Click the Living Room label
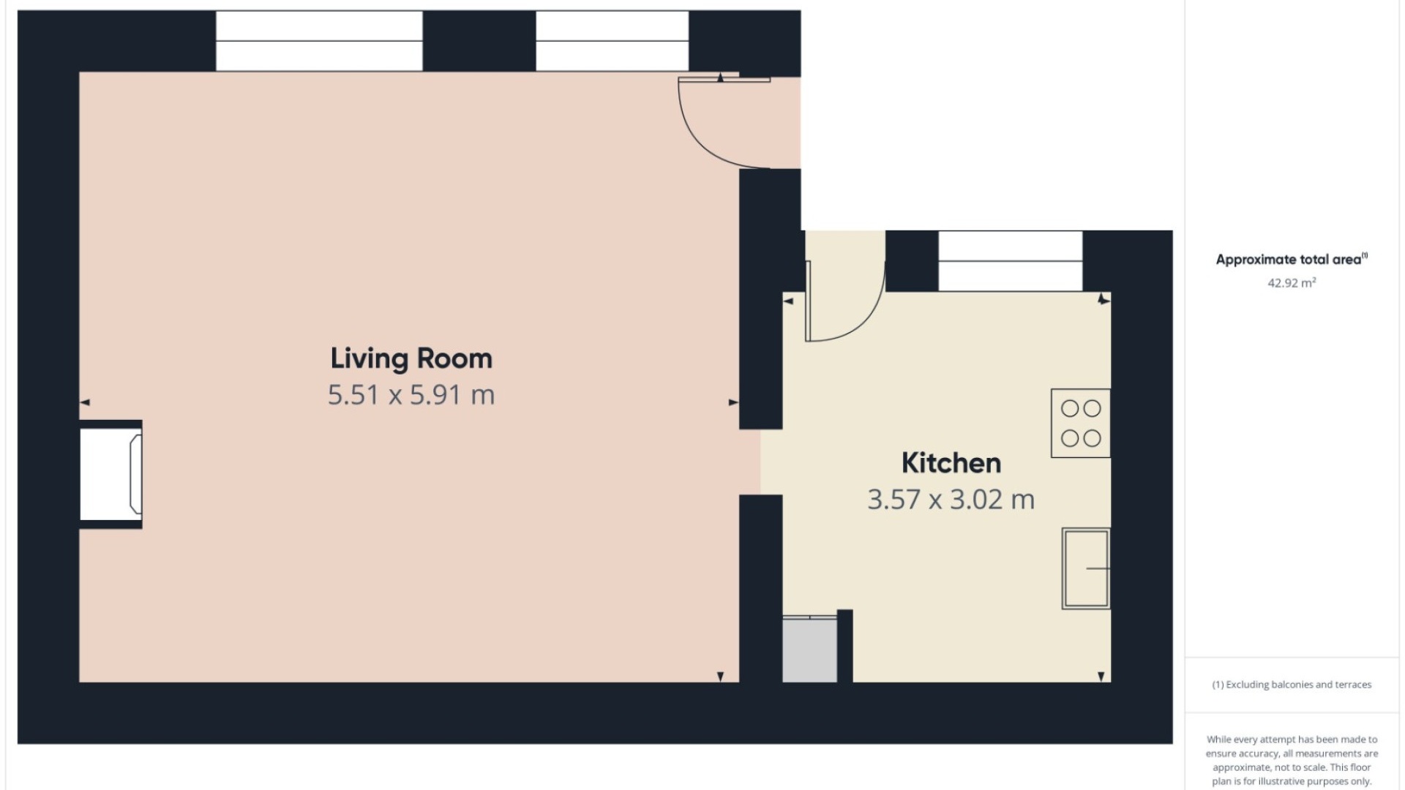(x=411, y=358)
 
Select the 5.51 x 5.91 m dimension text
(x=411, y=395)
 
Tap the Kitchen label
(x=951, y=463)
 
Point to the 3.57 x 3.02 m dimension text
(x=951, y=500)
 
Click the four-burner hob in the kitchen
(x=1081, y=423)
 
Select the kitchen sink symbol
(x=1086, y=568)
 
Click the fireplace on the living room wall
(x=111, y=474)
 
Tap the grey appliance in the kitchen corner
(x=810, y=650)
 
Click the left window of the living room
(x=319, y=41)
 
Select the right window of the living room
(x=612, y=41)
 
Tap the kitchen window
(x=1011, y=261)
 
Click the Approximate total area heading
(x=1292, y=259)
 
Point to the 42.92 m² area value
(x=1292, y=283)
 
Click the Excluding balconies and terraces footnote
(x=1292, y=685)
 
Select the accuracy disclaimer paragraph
(x=1292, y=760)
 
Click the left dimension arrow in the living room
(x=85, y=402)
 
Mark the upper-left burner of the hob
(x=1070, y=408)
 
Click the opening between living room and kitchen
(x=761, y=462)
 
